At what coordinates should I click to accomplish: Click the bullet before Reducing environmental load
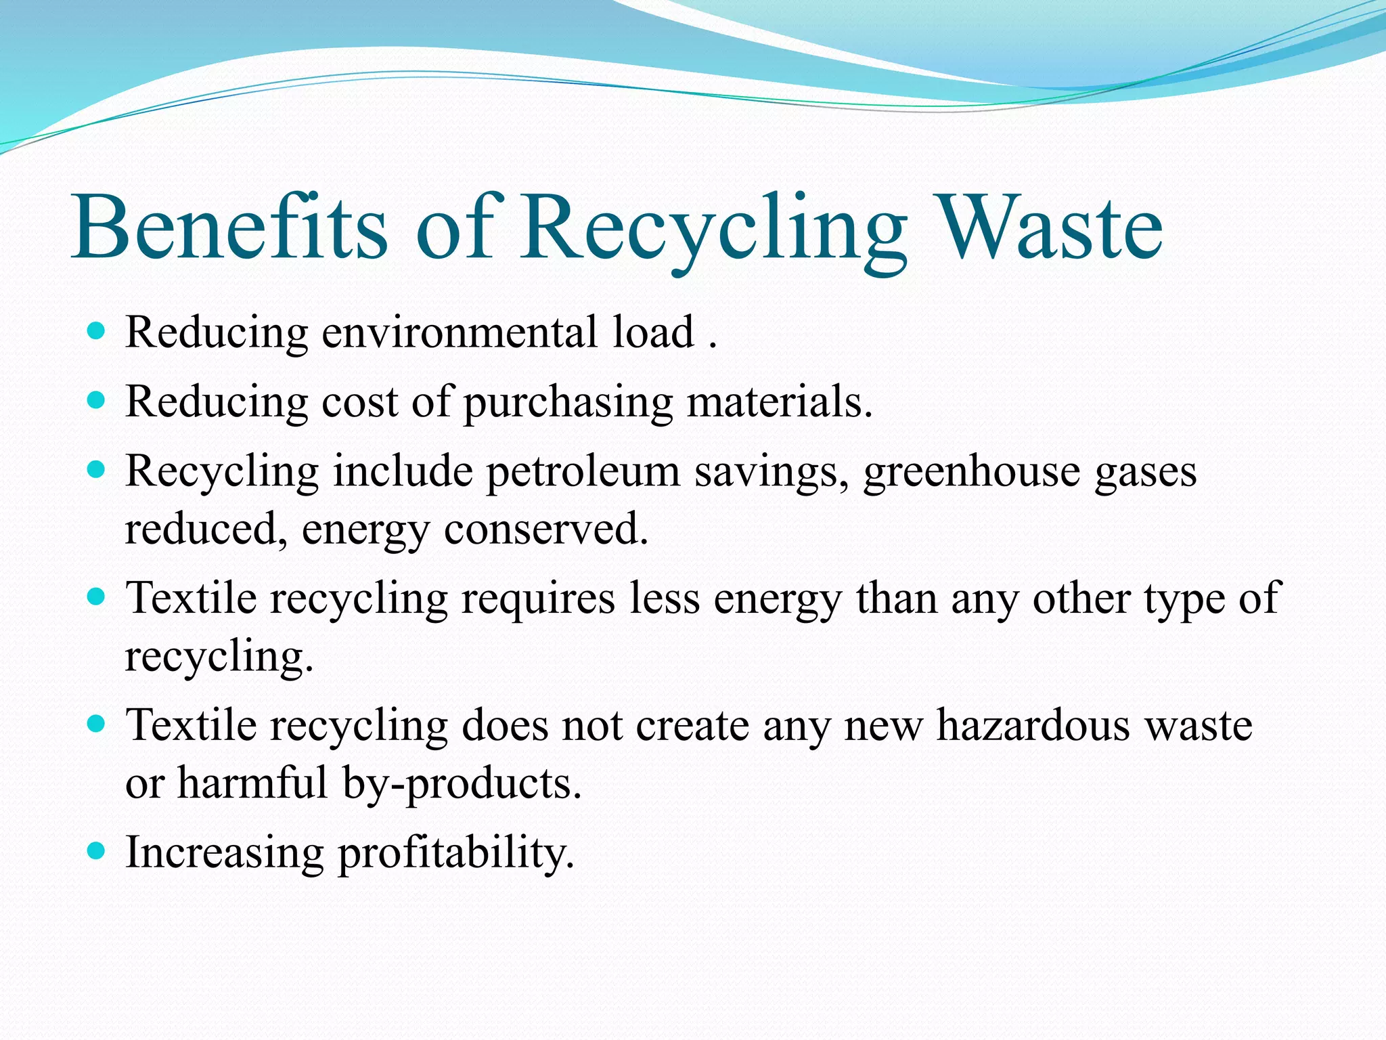coord(97,331)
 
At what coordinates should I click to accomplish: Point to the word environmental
coord(460,332)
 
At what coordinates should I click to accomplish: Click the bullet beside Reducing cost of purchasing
coord(97,401)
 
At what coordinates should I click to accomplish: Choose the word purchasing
coord(568,404)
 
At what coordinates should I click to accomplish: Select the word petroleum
coord(583,472)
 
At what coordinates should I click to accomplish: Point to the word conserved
coord(545,529)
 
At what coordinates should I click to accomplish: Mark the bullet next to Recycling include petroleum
coord(97,470)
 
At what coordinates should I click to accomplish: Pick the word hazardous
coord(1033,725)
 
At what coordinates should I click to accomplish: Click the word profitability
coord(456,853)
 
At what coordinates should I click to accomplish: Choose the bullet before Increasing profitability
coord(97,850)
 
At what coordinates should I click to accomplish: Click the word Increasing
coord(225,853)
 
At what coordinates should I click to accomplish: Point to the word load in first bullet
coord(654,332)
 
